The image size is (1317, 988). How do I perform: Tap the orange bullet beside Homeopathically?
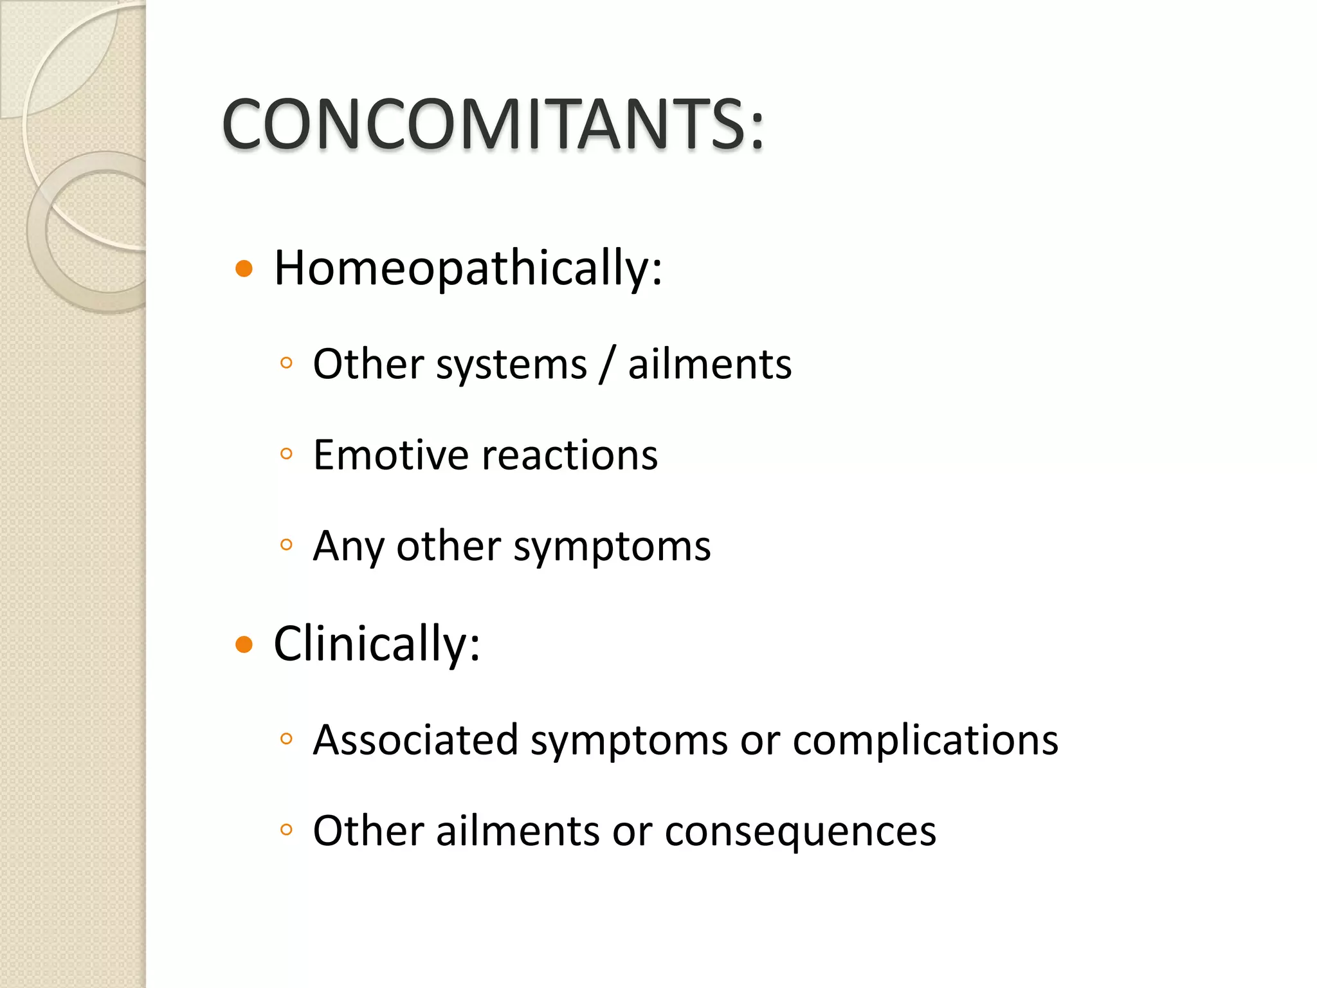244,268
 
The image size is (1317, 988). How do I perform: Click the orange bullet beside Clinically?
244,644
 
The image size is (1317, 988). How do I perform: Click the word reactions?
570,455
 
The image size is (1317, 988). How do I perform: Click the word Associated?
415,740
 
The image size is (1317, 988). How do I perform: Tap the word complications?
925,740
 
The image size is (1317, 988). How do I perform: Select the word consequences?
800,831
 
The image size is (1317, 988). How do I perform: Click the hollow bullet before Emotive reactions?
287,454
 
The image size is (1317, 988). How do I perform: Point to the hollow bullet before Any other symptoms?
287,545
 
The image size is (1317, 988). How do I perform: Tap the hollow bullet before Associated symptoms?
287,738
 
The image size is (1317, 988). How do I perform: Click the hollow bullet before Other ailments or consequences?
287,830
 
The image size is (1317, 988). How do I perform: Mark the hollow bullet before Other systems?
287,363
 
